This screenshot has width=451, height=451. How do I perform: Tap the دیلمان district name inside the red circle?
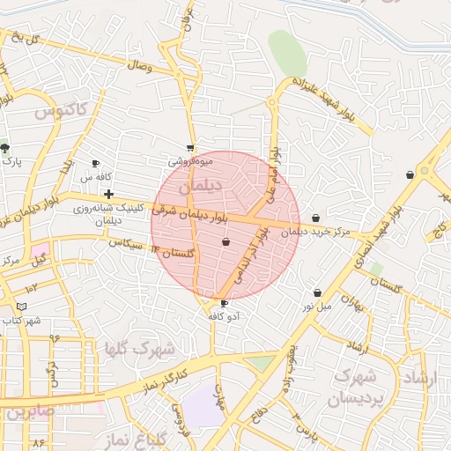(196, 188)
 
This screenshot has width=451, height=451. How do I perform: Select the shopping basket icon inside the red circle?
(225, 241)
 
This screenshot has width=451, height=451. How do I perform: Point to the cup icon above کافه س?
(96, 164)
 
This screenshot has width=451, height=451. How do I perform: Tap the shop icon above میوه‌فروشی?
(190, 148)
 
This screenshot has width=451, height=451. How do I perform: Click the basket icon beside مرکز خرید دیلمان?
(315, 218)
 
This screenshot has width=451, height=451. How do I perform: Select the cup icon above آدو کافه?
(224, 303)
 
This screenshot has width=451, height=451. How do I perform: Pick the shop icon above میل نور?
(317, 292)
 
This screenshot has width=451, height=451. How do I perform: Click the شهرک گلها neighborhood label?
(139, 349)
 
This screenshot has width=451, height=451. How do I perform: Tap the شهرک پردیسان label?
(352, 388)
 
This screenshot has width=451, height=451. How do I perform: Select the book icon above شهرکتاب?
(21, 307)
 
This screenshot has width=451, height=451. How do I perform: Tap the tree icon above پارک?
(5, 148)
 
